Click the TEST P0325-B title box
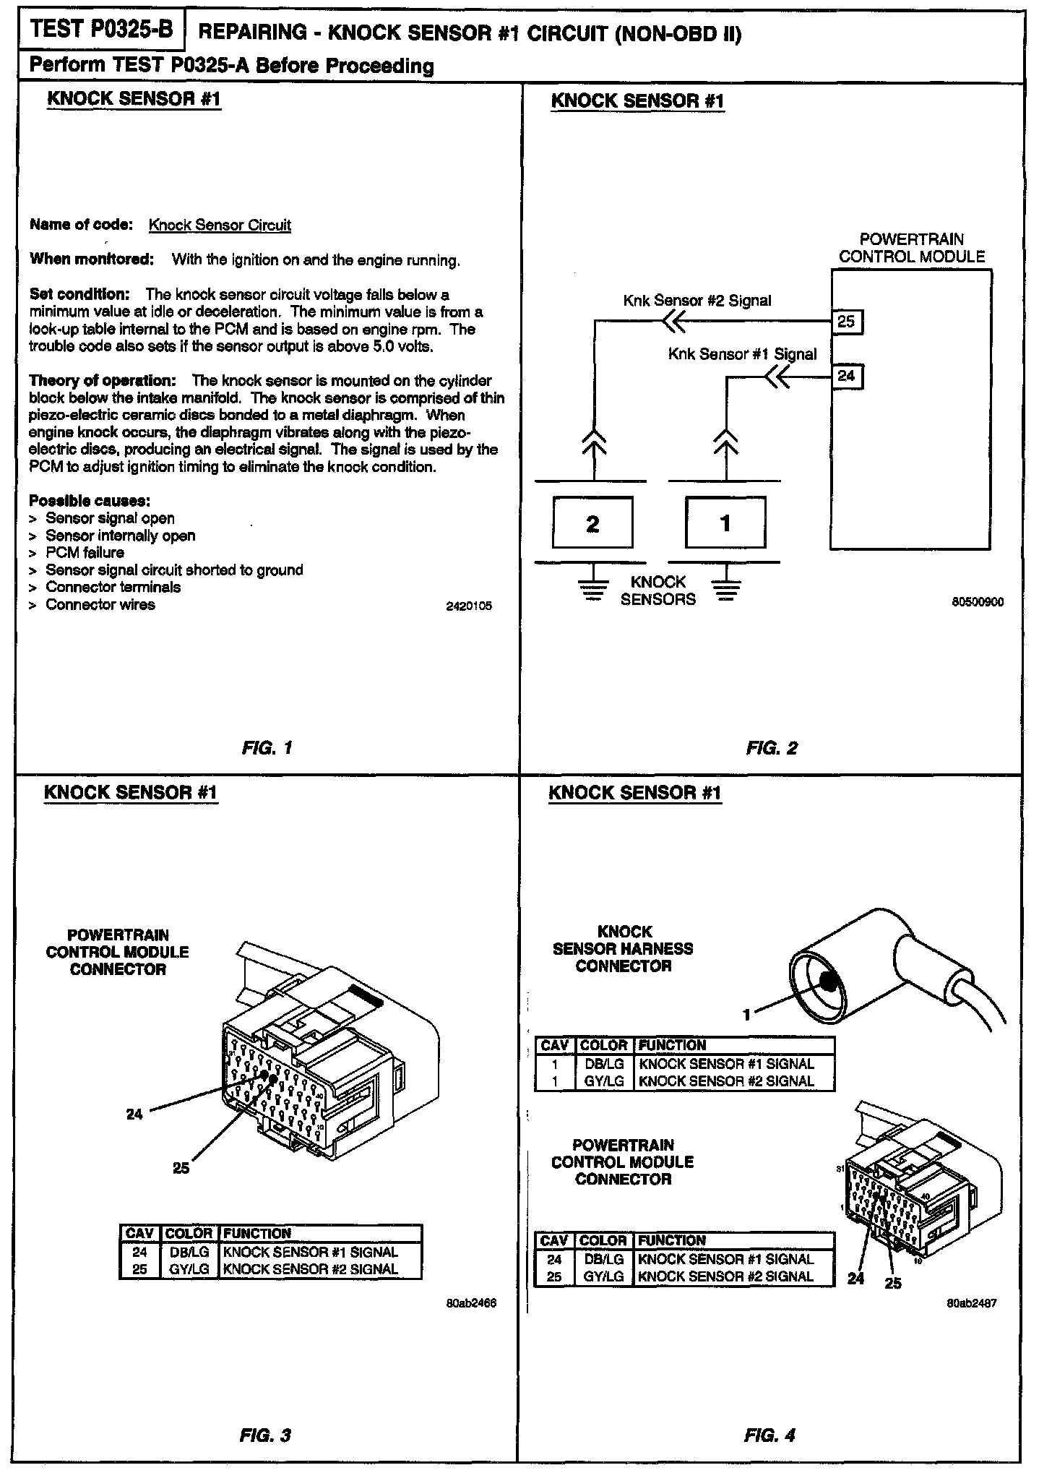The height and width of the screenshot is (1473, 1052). (102, 30)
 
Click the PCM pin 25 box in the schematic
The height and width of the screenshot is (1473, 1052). (847, 321)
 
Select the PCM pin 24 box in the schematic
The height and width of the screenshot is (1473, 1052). (847, 376)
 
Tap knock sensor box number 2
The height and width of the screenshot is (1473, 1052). (592, 523)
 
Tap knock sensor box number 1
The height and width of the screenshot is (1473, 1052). (725, 523)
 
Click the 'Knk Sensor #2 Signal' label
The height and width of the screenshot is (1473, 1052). (697, 301)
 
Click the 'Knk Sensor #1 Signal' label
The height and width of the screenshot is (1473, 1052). (742, 354)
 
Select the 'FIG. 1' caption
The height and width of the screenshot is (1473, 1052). (267, 748)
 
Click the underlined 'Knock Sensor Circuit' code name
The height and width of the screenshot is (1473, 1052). (220, 225)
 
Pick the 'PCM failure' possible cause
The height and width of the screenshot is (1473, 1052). (85, 553)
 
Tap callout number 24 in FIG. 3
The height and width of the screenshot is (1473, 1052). (134, 1115)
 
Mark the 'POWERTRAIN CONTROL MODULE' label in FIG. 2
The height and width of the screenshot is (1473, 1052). (912, 248)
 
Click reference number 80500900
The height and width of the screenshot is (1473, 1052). (978, 602)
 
